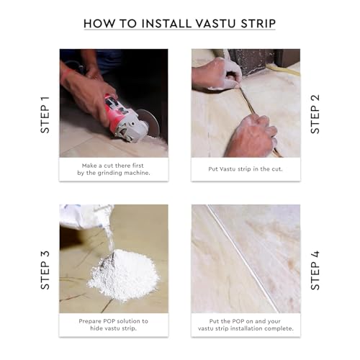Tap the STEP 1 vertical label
pyautogui.click(x=45, y=113)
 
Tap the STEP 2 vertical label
pyautogui.click(x=315, y=113)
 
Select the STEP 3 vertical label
pyautogui.click(x=45, y=269)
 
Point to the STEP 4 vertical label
pyautogui.click(x=315, y=269)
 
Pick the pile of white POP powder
pyautogui.click(x=123, y=278)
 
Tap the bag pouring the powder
pyautogui.click(x=84, y=217)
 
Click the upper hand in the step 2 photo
pyautogui.click(x=216, y=73)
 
